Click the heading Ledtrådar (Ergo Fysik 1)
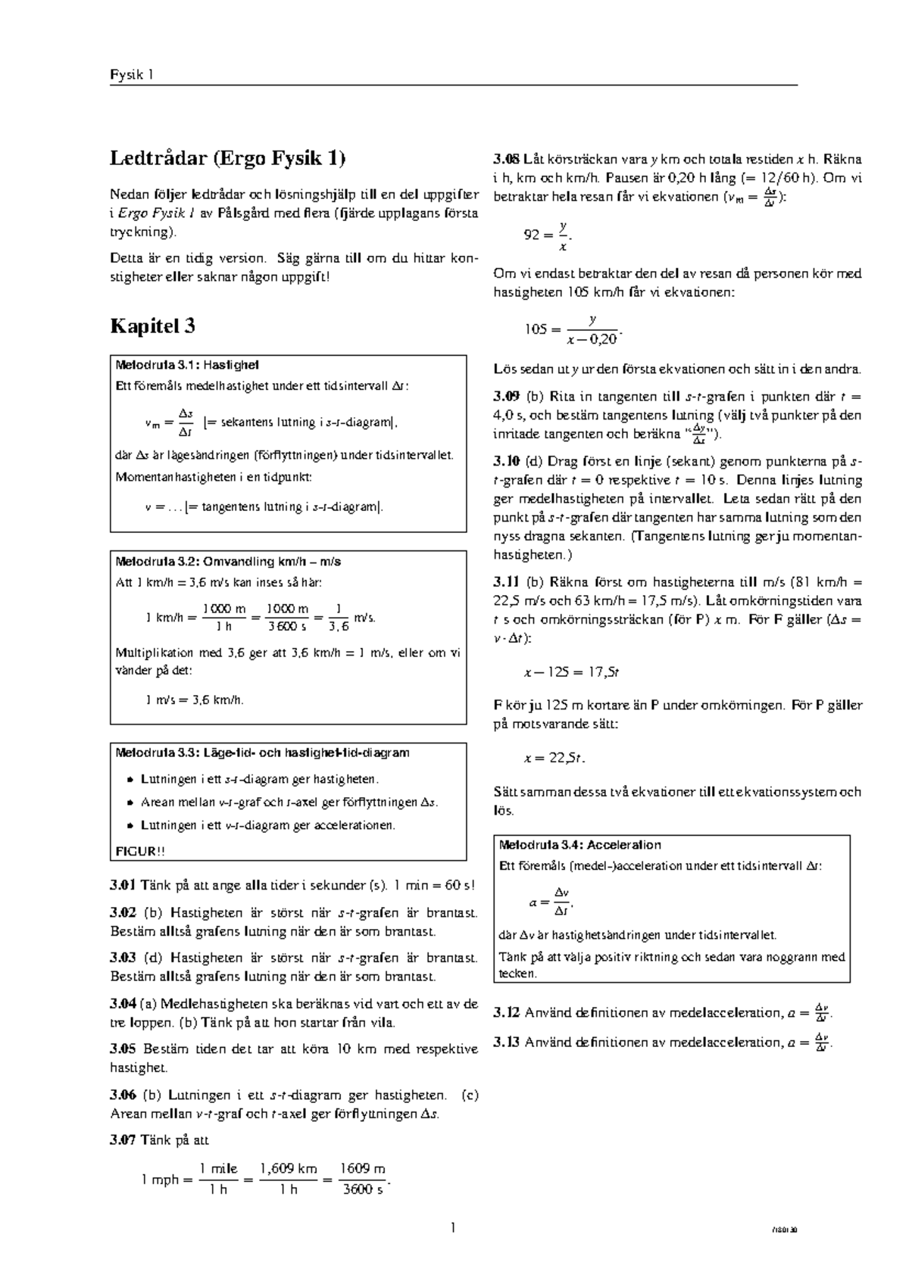click(228, 159)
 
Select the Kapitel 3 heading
click(153, 326)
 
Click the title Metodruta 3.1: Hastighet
click(188, 365)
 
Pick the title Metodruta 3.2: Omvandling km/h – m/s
click(228, 562)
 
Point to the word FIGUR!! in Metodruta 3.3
click(139, 851)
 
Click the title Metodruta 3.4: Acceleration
click(579, 845)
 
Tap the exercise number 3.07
click(123, 1140)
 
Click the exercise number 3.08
click(506, 160)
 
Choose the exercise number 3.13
click(506, 1042)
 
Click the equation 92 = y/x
click(546, 235)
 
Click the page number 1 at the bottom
click(454, 1229)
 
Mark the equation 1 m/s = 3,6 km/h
click(195, 700)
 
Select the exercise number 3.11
click(506, 582)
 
